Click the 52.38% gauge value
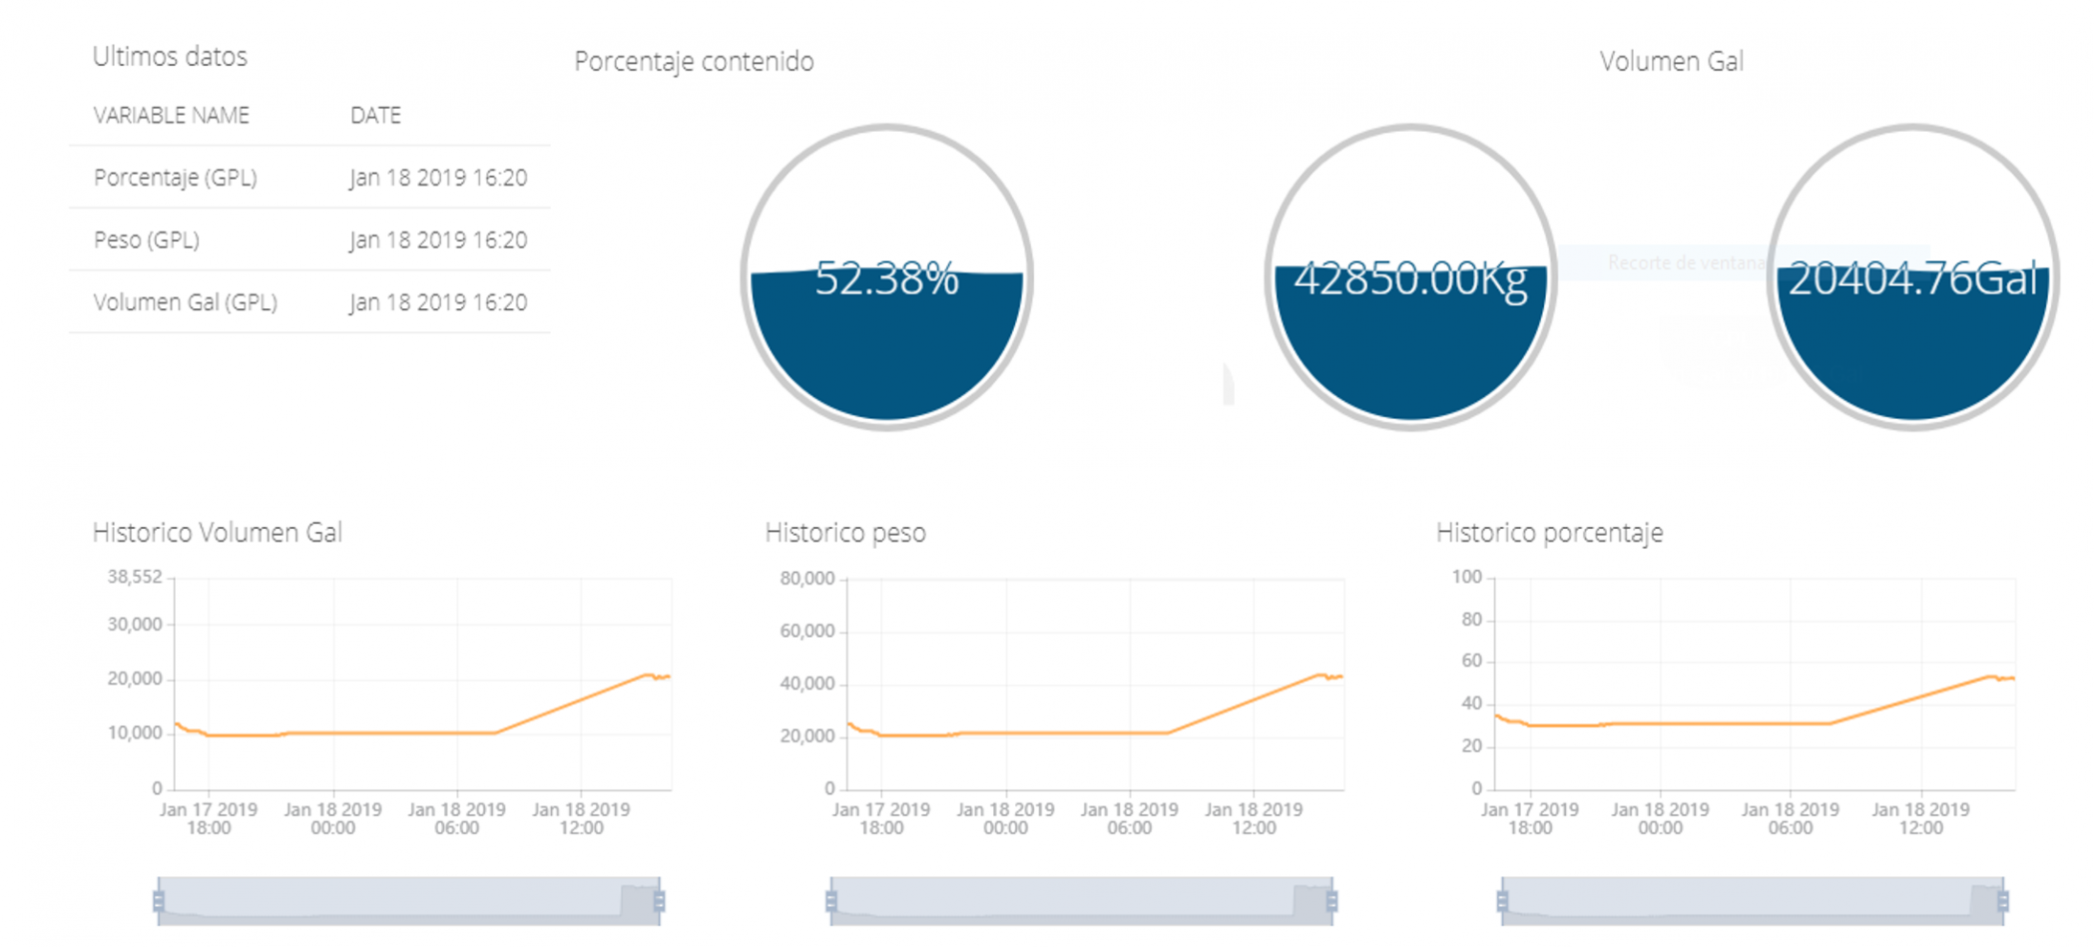coord(886,278)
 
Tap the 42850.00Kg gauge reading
coord(1410,279)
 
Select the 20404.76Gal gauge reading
coord(1912,279)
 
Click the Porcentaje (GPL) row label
coord(175,178)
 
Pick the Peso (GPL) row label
coord(146,240)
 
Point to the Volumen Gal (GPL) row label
coord(186,303)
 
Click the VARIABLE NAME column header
coord(171,116)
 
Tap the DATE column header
coord(375,116)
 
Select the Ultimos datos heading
coord(169,56)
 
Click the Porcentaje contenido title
coord(694,61)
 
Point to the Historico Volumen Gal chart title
coord(217,533)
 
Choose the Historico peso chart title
coord(845,533)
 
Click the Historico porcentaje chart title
coord(1549,533)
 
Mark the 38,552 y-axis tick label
coord(135,577)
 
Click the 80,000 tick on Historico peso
coord(807,579)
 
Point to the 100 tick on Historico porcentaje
coord(1466,577)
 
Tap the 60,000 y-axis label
coord(807,631)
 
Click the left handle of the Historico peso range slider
coord(831,901)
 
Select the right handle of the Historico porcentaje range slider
coord(2003,901)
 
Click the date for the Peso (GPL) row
coord(437,240)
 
